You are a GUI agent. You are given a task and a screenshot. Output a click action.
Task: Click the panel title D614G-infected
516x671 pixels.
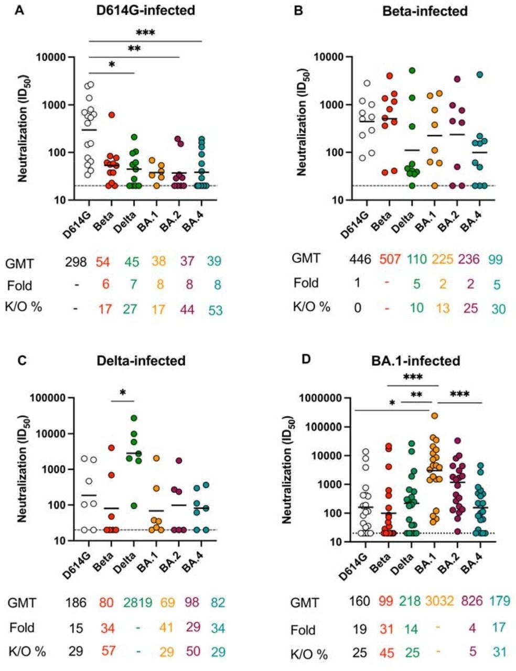point(146,11)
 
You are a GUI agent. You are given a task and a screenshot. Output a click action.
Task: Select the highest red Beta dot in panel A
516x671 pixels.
point(112,114)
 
